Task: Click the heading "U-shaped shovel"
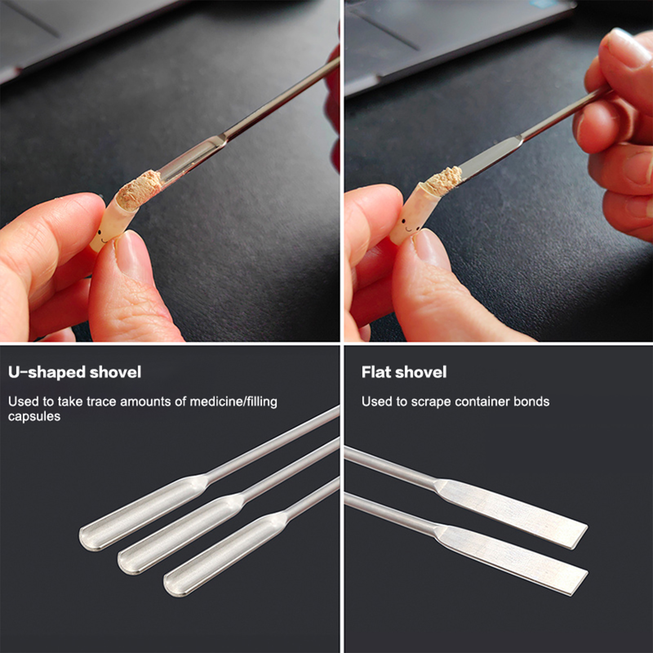coord(75,372)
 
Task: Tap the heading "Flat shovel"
coord(404,372)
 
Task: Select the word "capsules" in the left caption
coord(34,417)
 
